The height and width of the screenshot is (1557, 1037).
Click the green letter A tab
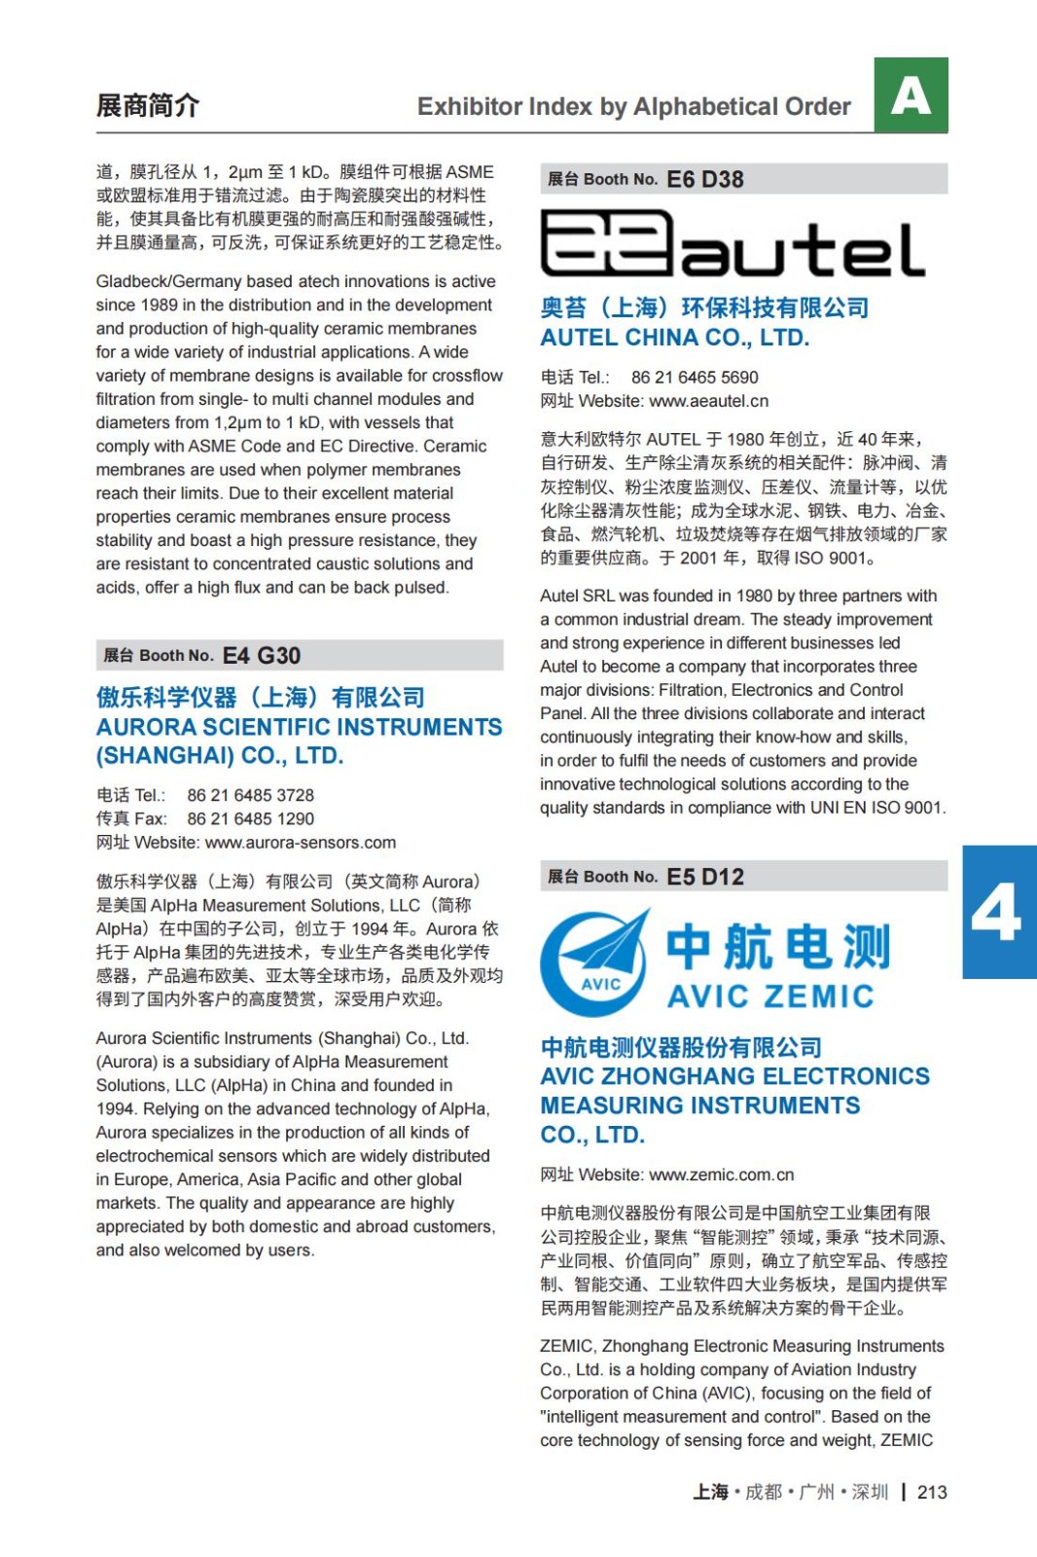[911, 95]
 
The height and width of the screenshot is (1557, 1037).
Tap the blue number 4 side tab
[998, 912]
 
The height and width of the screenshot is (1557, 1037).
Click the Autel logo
[732, 244]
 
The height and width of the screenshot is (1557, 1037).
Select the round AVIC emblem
[595, 963]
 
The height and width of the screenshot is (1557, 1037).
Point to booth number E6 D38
[705, 180]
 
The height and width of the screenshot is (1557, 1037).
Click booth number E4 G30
[262, 656]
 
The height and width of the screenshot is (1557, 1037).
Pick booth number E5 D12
[705, 877]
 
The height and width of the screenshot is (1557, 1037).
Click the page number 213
[932, 1492]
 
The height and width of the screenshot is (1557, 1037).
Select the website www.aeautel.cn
[708, 401]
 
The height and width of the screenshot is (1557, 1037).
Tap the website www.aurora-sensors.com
[301, 843]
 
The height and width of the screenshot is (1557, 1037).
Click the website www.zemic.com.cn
[721, 1175]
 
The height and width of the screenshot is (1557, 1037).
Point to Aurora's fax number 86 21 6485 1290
[251, 819]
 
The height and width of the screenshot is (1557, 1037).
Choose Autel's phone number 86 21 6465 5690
[695, 378]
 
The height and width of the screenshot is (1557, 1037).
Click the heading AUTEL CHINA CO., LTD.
[675, 338]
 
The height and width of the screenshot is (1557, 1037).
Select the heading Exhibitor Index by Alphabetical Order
[633, 107]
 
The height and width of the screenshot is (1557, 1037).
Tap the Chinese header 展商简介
[147, 105]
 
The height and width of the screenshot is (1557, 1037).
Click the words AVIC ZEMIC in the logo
[770, 996]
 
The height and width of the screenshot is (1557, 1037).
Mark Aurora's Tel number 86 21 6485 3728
[251, 796]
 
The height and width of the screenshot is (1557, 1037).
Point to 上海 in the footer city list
[710, 1492]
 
